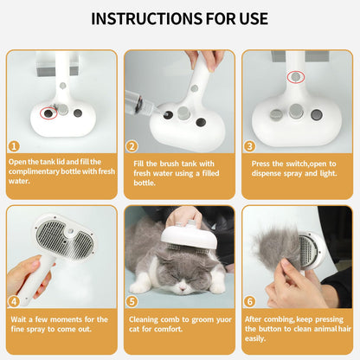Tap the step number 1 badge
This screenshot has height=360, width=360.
coord(14,146)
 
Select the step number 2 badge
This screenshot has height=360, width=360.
coord(132,146)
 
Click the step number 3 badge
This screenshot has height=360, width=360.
coord(249,146)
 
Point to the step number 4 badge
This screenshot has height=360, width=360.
coord(14,302)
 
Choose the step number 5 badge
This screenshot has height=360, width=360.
coord(132,302)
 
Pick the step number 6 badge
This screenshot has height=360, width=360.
coord(249,302)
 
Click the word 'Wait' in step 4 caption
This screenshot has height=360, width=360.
coord(17,319)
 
